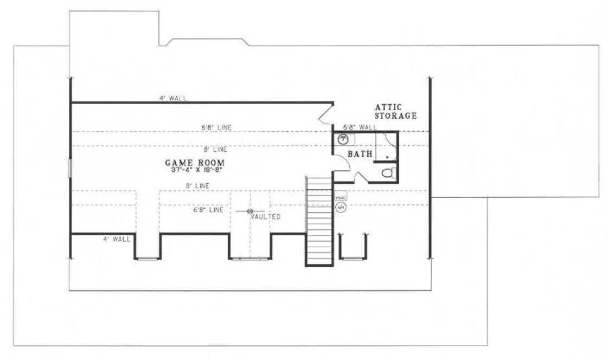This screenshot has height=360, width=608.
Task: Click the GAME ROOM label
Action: (x=195, y=162)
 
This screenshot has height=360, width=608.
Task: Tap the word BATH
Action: (x=360, y=154)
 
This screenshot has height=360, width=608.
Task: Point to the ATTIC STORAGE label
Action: (x=395, y=112)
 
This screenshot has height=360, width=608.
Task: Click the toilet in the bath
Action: (x=388, y=173)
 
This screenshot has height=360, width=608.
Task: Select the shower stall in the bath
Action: (x=386, y=146)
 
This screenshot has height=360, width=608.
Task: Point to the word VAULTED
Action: (x=266, y=217)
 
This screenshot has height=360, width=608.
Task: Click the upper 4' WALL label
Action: (x=173, y=98)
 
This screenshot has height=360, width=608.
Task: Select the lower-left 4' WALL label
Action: (x=117, y=239)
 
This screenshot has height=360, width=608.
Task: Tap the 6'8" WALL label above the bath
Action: (x=360, y=127)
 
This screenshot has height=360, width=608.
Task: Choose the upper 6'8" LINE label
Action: (x=216, y=127)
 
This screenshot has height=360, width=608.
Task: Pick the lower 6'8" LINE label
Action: (x=208, y=210)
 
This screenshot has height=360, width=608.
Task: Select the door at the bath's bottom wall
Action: (x=361, y=177)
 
